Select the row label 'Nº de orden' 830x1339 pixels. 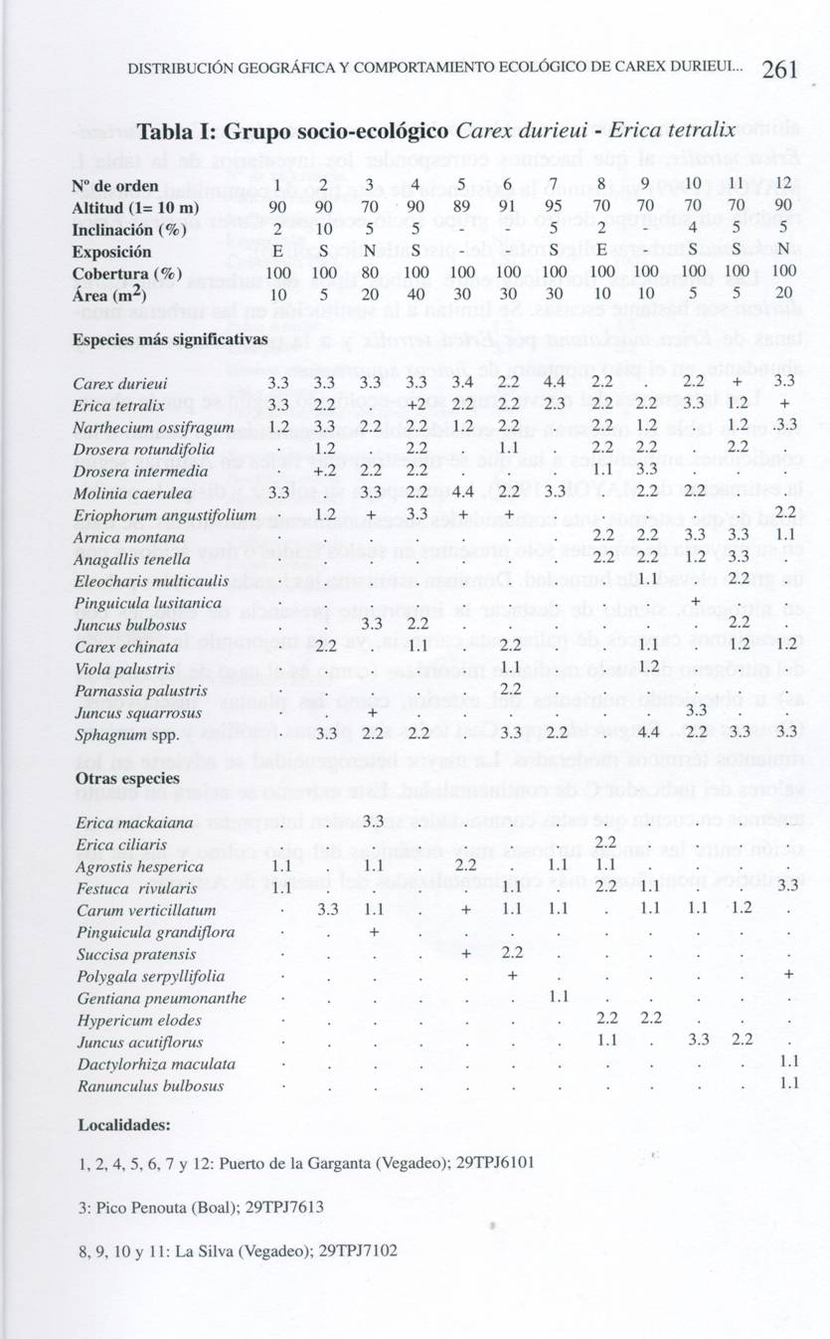click(115, 185)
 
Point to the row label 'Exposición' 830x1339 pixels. click(112, 252)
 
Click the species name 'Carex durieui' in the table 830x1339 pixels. click(112, 383)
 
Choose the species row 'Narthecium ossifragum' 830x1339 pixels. click(153, 427)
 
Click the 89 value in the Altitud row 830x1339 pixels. click(460, 207)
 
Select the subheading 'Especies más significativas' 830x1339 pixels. click(170, 339)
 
